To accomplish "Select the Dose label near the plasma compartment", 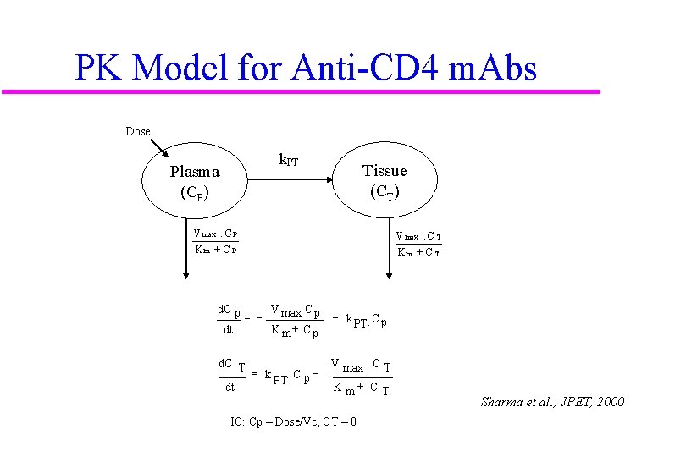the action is pyautogui.click(x=137, y=131).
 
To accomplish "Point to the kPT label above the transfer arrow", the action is pyautogui.click(x=289, y=160).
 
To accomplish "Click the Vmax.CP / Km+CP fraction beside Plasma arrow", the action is pyautogui.click(x=215, y=241).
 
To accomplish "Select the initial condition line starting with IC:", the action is pyautogui.click(x=293, y=421).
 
